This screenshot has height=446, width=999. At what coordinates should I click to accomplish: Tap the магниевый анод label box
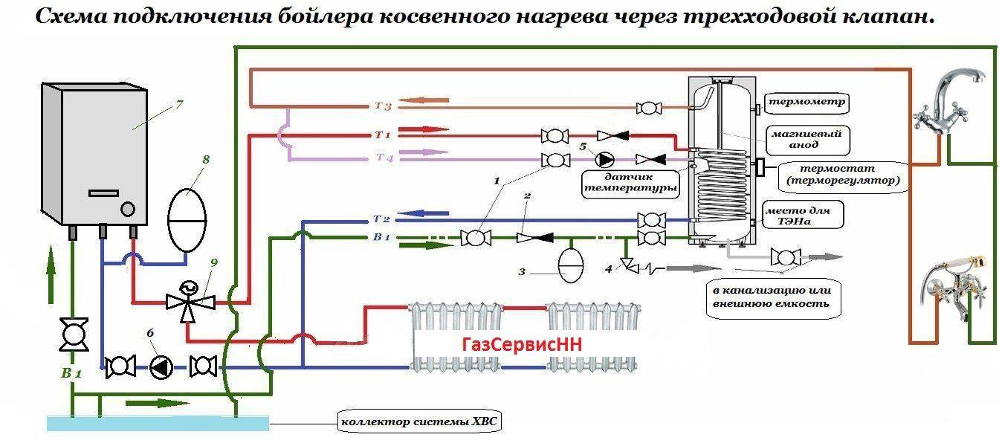point(806,140)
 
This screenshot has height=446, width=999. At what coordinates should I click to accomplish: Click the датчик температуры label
point(630,184)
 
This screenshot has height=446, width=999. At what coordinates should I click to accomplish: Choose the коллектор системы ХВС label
point(418,421)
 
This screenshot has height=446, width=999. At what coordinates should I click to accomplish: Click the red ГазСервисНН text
point(521,345)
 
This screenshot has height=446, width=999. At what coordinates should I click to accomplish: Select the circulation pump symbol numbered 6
point(161,367)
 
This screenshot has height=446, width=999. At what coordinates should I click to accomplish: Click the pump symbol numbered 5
point(605,160)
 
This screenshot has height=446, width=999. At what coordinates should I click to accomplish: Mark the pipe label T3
point(383,106)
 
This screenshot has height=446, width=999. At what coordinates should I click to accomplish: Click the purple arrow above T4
point(423,152)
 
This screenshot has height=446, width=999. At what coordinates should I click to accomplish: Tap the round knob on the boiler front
point(128,209)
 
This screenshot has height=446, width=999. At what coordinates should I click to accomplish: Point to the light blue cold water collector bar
point(158,423)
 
